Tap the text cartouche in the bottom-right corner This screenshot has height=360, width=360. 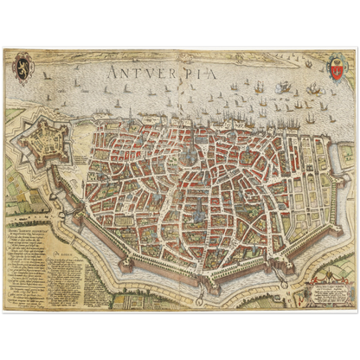click(x=324, y=285)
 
